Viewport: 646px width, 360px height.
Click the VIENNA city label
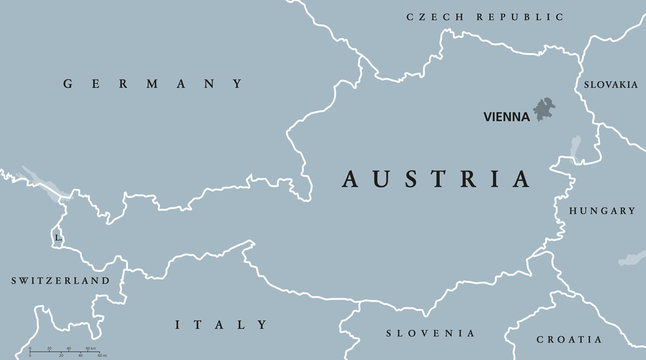pos(507,115)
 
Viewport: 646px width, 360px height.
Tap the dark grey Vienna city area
pos(544,109)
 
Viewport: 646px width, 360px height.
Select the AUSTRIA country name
pos(437,180)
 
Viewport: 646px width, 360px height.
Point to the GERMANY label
pos(153,84)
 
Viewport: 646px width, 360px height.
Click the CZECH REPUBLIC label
pos(484,17)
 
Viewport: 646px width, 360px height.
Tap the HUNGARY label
pos(601,211)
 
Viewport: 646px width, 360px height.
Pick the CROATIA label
pos(595,339)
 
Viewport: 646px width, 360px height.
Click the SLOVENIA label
pos(431,332)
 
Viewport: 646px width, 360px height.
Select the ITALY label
pos(221,324)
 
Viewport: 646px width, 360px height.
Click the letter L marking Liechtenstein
pos(58,238)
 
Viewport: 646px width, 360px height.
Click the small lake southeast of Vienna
pos(576,149)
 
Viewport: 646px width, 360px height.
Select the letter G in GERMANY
pos(67,84)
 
